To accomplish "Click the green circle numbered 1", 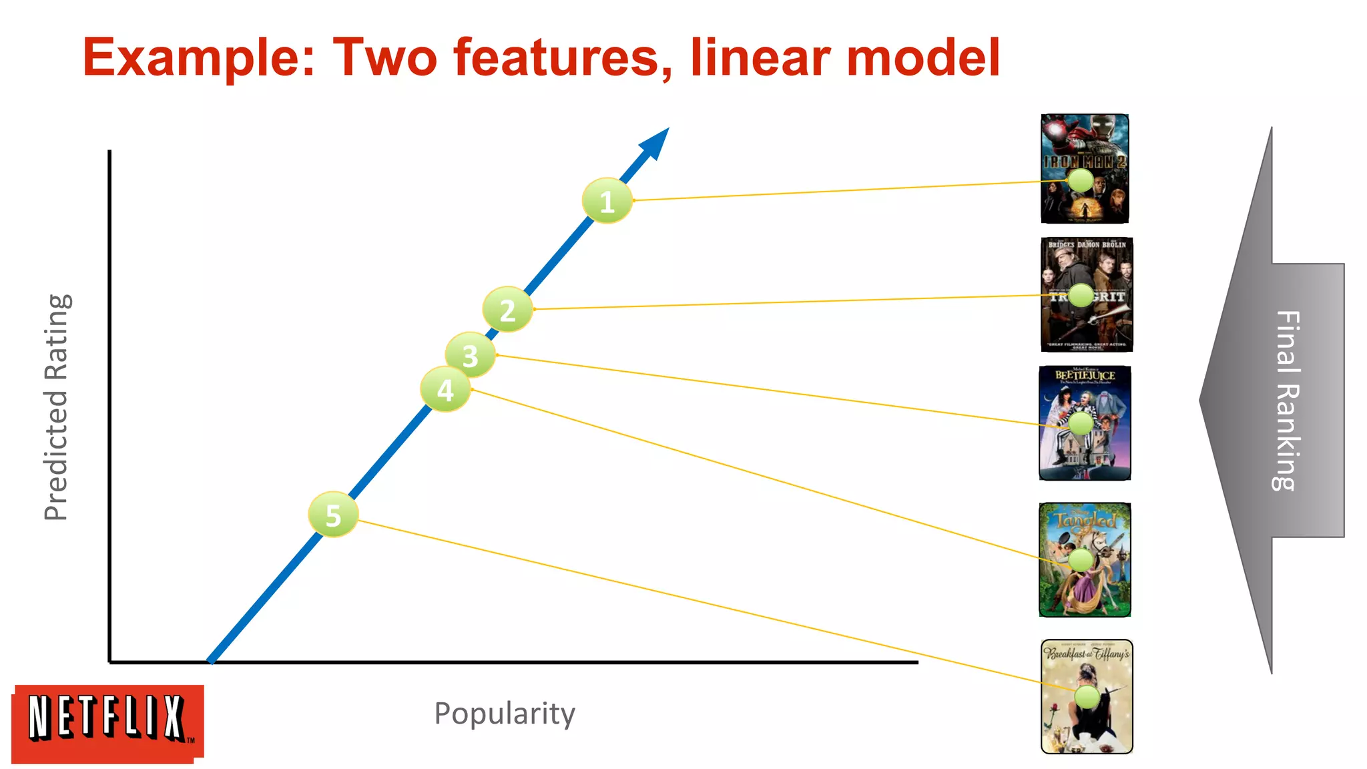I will (x=607, y=200).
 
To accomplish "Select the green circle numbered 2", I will (x=507, y=309).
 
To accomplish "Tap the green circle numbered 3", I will (x=470, y=355).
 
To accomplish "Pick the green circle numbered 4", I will (x=445, y=389).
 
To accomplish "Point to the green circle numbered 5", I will (x=333, y=515).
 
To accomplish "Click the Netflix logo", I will (x=107, y=722).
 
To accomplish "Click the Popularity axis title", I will (x=504, y=714).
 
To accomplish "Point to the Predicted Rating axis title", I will (x=57, y=407).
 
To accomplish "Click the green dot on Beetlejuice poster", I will (x=1081, y=423).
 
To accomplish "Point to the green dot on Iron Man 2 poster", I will (x=1080, y=180).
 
